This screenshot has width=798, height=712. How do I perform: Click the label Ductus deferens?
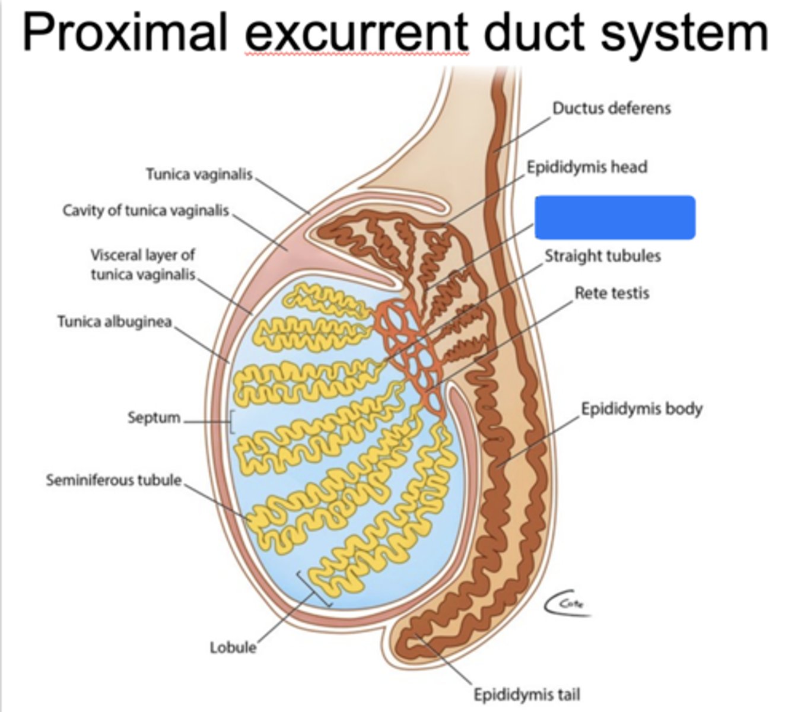point(611,108)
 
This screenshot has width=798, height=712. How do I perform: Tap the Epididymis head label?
point(587,167)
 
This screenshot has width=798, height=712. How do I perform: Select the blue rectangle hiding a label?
point(615,217)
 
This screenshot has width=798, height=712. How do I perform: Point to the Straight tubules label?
point(603,256)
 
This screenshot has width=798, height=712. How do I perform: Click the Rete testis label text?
point(612,293)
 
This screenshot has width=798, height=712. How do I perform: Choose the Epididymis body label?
point(641,409)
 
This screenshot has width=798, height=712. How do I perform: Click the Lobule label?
point(233,647)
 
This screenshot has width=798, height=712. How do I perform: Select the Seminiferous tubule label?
point(114,481)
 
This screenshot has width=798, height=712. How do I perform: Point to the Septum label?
point(154,417)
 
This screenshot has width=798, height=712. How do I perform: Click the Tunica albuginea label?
point(115,322)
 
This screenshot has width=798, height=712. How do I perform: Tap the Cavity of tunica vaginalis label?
point(146,211)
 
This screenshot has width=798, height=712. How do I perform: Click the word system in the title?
point(685,36)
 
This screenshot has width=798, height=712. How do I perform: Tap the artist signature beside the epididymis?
point(568,605)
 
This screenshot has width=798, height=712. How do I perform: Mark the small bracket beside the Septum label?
point(231,422)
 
